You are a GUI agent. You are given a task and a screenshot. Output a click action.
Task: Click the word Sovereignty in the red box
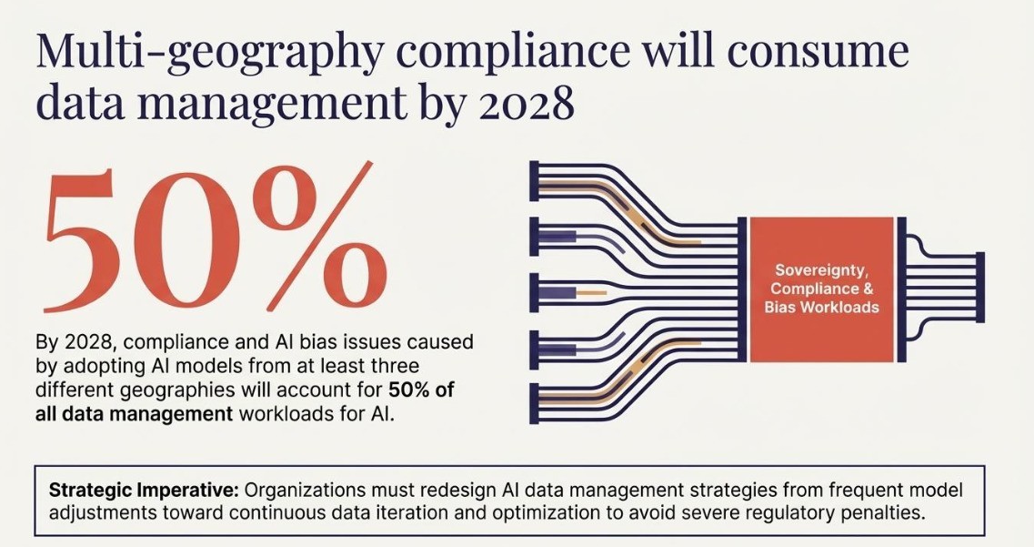click(x=820, y=270)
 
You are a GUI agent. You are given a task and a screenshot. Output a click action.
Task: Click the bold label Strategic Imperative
click(x=144, y=491)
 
